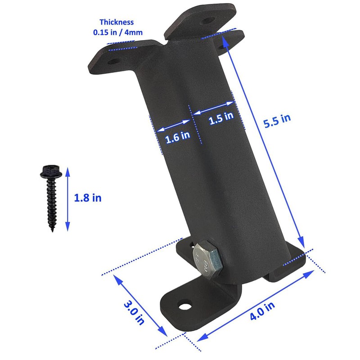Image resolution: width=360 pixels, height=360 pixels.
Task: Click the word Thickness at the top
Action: coord(117,22)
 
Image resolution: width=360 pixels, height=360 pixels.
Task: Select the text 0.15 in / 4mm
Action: coord(117,32)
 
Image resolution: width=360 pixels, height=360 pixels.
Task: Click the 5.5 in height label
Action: coord(277,121)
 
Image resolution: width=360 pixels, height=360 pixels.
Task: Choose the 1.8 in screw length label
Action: coord(87,198)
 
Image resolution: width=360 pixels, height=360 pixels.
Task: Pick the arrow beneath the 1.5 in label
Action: coord(213,108)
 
